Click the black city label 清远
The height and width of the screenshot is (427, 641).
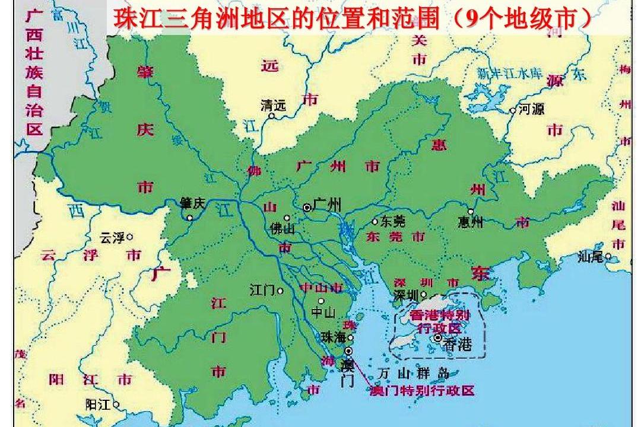pyautogui.click(x=273, y=106)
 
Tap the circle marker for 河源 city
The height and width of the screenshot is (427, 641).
pyautogui.click(x=513, y=110)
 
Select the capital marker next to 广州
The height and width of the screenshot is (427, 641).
pyautogui.click(x=307, y=208)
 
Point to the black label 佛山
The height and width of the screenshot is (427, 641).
pyautogui.click(x=281, y=228)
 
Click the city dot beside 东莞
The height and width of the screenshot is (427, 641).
pyautogui.click(x=375, y=222)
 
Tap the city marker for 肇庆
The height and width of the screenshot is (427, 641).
pyautogui.click(x=190, y=218)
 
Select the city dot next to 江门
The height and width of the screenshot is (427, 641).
pyautogui.click(x=280, y=291)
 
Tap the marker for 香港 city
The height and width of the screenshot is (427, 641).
pyautogui.click(x=438, y=338)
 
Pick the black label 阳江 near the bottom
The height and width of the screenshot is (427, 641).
pyautogui.click(x=98, y=405)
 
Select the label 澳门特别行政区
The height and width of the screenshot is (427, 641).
pyautogui.click(x=422, y=391)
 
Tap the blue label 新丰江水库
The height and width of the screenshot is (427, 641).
pyautogui.click(x=510, y=74)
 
